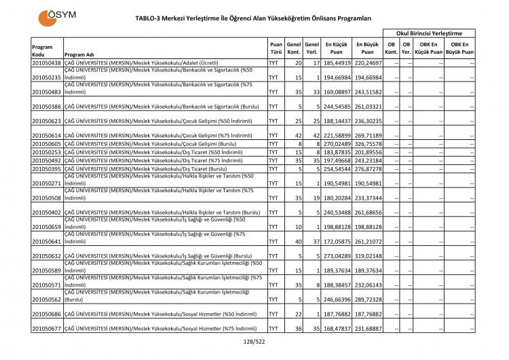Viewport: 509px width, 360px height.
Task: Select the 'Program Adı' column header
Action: pyautogui.click(x=79, y=55)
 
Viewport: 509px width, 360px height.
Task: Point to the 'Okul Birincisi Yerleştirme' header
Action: pyautogui.click(x=429, y=33)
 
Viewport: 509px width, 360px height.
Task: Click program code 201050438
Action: pyautogui.click(x=46, y=63)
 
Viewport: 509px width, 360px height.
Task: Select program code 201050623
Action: pyautogui.click(x=46, y=122)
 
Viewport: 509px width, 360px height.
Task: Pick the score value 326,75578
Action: pyautogui.click(x=367, y=144)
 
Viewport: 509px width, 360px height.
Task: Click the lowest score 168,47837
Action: pyautogui.click(x=337, y=329)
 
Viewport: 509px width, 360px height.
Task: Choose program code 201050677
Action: pyautogui.click(x=46, y=329)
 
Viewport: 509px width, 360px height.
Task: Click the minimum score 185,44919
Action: pyautogui.click(x=337, y=63)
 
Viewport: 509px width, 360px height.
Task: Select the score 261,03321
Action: pyautogui.click(x=367, y=107)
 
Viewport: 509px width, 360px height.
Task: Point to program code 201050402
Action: pyautogui.click(x=46, y=212)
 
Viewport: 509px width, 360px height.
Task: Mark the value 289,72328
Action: pyautogui.click(x=367, y=300)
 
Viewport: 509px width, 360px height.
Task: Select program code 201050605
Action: pyautogui.click(x=46, y=144)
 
